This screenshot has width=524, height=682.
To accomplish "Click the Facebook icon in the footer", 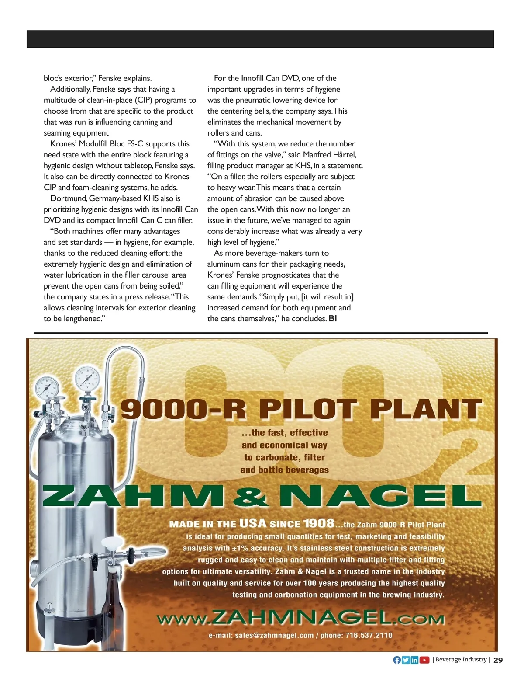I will coord(397,660).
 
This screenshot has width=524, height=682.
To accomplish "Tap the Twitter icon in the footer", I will coord(406,660).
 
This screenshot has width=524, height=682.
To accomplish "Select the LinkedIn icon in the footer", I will coord(414,660).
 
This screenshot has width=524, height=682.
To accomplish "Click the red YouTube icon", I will coord(424,660).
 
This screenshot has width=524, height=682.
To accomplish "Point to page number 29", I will coord(498,660).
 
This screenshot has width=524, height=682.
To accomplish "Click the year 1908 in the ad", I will coord(319,523).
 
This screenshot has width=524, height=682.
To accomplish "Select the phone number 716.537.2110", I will coord(369,635).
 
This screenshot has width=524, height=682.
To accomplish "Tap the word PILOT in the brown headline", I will coord(308,409).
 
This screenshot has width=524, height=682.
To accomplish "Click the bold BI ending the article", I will coord(333,319).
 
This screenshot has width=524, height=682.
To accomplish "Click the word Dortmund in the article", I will coord(68,198).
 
